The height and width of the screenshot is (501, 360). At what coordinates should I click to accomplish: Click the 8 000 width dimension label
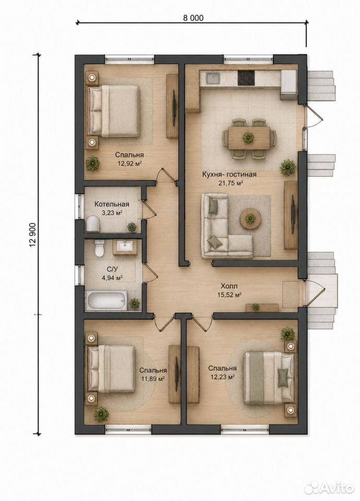click(193, 18)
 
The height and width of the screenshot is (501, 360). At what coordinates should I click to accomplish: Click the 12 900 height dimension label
click(32, 235)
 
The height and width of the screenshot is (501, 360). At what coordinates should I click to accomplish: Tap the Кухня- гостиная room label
click(229, 174)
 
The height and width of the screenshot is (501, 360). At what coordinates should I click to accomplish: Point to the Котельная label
click(112, 204)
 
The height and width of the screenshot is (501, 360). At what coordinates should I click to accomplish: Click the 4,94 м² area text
click(113, 278)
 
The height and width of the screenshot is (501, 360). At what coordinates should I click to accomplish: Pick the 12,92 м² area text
click(130, 163)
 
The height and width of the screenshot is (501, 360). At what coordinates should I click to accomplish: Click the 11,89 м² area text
click(153, 379)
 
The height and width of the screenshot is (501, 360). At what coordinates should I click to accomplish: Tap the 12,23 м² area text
click(222, 377)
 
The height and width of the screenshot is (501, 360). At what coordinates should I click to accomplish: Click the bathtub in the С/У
click(106, 300)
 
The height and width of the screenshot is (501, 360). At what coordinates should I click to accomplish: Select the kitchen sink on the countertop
click(213, 78)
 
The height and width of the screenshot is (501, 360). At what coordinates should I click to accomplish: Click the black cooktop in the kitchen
click(246, 78)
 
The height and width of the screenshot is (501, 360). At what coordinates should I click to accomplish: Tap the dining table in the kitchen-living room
click(248, 138)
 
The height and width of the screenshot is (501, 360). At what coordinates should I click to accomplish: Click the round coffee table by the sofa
click(250, 219)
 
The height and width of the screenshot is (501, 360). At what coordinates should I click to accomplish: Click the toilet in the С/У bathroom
click(100, 248)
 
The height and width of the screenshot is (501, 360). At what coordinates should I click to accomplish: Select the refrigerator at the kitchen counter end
click(290, 85)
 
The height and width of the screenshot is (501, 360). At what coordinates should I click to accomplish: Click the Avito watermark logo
click(329, 487)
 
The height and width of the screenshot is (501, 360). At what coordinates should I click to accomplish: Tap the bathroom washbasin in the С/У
click(125, 247)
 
